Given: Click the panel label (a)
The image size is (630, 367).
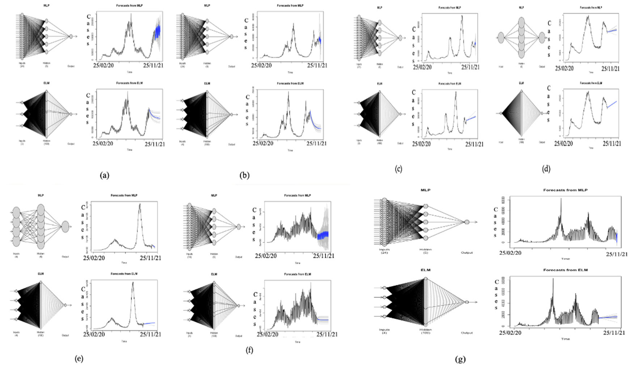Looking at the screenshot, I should tap(104, 176).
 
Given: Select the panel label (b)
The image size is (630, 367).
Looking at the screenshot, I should tap(244, 176).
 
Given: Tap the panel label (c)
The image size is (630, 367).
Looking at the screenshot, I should tap(398, 169).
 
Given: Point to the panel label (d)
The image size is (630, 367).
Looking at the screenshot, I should tap(546, 169).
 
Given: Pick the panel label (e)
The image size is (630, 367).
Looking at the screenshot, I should tap(79, 359).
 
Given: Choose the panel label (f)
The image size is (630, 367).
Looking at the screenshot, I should tap(249, 350).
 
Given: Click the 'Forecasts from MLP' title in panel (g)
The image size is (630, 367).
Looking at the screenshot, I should tap(565, 190).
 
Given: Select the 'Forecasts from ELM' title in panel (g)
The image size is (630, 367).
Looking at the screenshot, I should tap(565, 270).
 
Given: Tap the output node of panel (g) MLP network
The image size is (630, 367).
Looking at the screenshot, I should tap(467, 222).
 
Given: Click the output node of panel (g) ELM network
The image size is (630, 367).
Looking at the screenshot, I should tap(467, 302).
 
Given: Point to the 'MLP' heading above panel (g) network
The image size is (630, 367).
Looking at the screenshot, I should tap(425, 190).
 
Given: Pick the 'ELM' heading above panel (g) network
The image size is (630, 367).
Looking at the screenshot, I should tap(425, 270).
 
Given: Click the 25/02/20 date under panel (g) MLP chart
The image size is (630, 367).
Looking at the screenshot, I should tap(510, 253).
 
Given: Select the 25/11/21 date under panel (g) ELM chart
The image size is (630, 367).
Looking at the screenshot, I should tap(614, 333).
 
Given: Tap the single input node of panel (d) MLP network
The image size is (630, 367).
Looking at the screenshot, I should tap(501, 37).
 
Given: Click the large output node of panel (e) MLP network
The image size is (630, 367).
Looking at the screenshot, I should tap(65, 227).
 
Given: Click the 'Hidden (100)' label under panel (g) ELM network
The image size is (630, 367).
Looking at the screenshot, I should tap(425, 331).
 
